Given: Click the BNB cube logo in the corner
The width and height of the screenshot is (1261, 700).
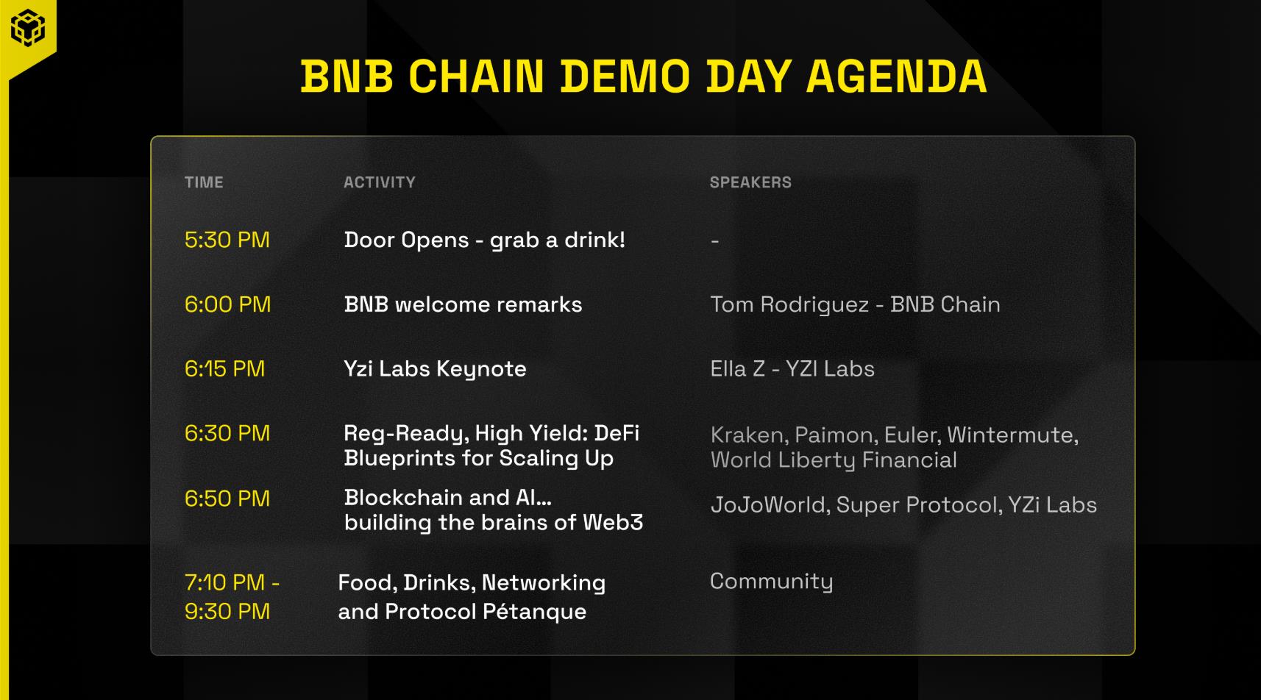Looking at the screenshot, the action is click(x=27, y=27).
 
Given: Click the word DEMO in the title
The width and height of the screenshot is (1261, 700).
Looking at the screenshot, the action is click(x=625, y=76).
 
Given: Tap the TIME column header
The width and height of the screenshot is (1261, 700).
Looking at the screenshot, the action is click(x=204, y=182).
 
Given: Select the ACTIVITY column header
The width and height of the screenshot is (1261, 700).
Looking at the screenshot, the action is click(x=380, y=182).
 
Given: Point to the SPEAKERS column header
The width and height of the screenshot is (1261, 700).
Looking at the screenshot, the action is click(x=750, y=182).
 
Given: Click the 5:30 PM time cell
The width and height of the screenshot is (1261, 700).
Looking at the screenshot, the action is click(x=227, y=240).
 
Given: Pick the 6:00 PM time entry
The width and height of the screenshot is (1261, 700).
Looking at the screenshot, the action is click(x=227, y=304).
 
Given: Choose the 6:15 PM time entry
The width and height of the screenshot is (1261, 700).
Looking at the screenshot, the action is click(x=224, y=369).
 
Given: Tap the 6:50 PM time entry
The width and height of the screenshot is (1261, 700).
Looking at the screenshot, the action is click(x=227, y=499).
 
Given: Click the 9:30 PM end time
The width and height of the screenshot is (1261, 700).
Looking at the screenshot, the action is click(x=227, y=612).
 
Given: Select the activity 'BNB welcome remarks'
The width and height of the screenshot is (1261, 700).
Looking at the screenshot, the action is click(x=463, y=304).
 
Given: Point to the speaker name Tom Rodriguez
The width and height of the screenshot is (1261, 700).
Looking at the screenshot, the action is click(x=789, y=305).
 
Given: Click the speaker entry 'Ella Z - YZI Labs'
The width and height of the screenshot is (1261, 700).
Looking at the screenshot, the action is click(x=792, y=369).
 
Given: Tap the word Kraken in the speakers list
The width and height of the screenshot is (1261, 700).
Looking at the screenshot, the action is click(x=749, y=435).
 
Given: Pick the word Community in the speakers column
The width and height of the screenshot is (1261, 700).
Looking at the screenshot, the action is click(x=771, y=582).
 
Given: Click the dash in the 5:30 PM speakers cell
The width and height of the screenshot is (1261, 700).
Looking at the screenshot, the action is click(x=715, y=241).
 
